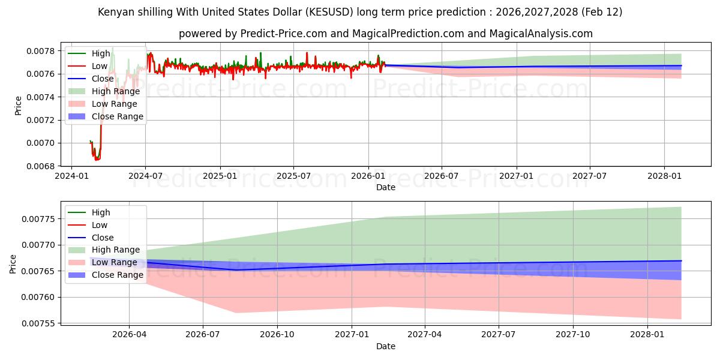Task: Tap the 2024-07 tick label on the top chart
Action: click(145, 176)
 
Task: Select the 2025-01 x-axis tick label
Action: click(220, 176)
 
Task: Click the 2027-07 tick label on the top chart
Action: click(589, 176)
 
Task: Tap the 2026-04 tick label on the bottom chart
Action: click(129, 334)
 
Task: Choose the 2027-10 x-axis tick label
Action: click(573, 334)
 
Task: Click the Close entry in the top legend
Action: click(103, 79)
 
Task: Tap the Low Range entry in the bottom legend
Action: click(114, 262)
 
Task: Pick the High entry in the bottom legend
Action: click(101, 212)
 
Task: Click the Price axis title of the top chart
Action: click(18, 106)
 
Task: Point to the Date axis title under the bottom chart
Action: click(386, 346)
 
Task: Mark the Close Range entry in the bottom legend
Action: click(117, 275)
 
